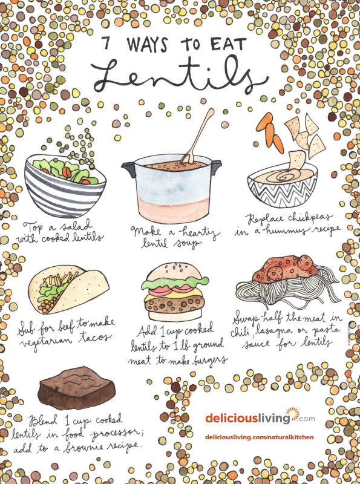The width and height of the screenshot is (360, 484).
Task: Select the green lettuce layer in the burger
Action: (175, 283)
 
